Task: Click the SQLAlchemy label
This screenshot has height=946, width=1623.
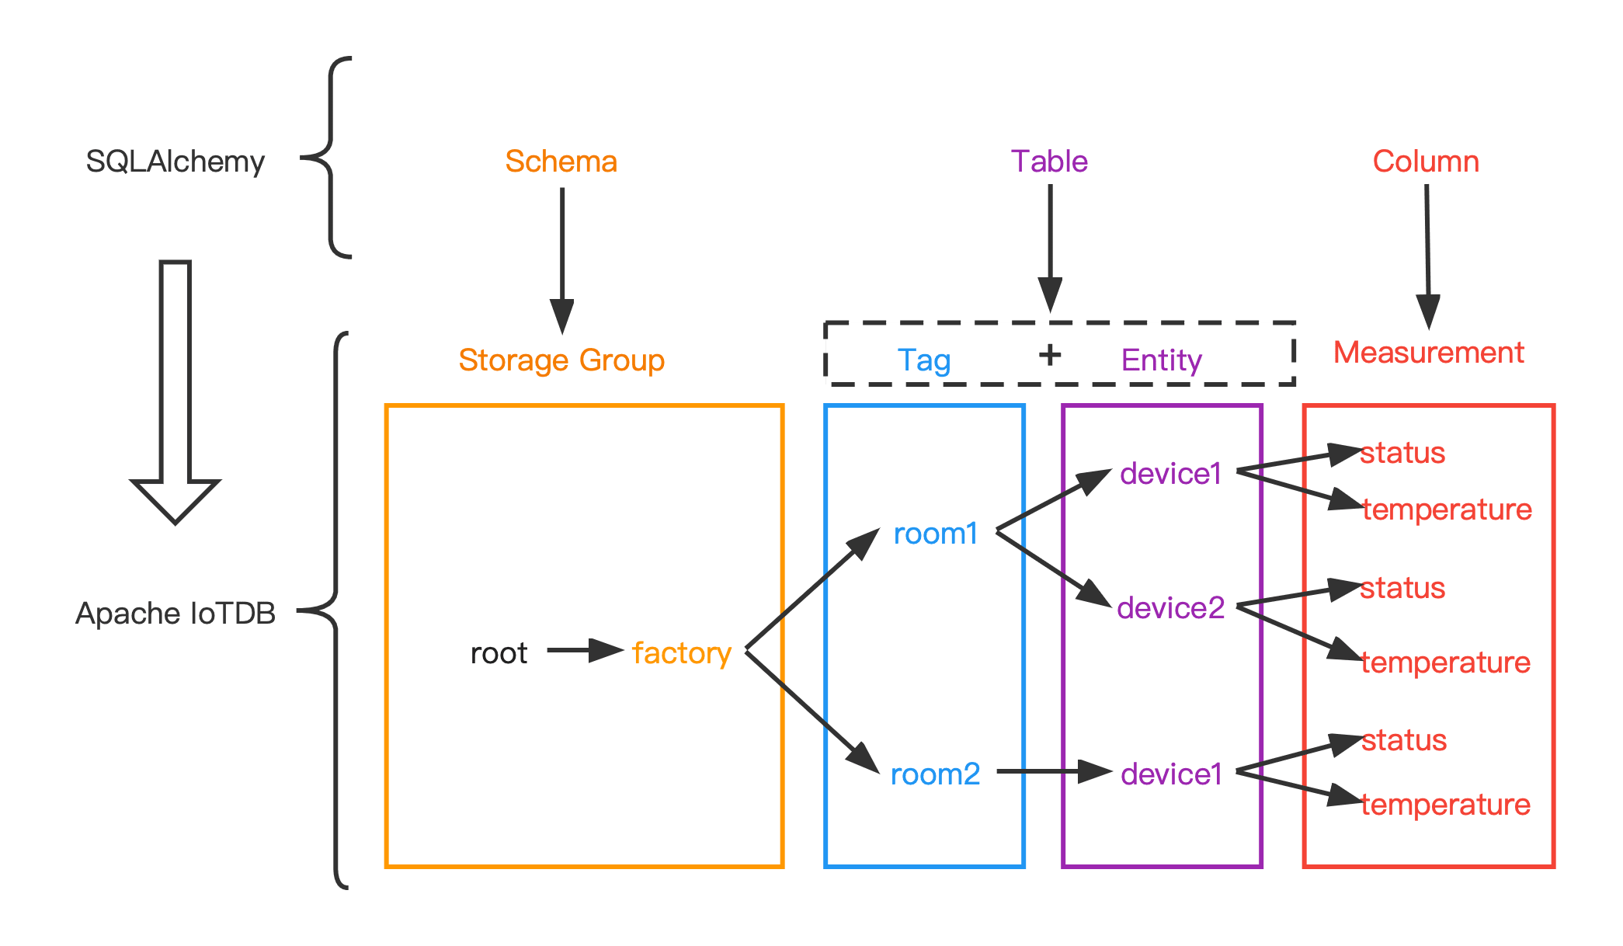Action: click(x=175, y=162)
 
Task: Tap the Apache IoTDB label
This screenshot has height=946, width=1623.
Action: click(x=175, y=614)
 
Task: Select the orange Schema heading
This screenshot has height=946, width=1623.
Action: click(x=561, y=162)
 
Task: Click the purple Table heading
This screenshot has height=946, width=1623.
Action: click(x=1049, y=162)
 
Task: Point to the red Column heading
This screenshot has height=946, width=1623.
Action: click(x=1426, y=162)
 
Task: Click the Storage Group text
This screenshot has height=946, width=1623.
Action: click(x=561, y=360)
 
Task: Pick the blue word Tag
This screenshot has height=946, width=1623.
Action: click(x=923, y=360)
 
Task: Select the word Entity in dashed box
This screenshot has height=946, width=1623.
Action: click(x=1161, y=360)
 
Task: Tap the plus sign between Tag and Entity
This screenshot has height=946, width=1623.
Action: click(x=1050, y=355)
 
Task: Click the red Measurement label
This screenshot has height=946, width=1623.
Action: click(x=1429, y=353)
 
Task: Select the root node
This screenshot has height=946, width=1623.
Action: click(x=499, y=653)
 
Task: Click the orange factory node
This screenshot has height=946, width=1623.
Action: click(x=682, y=653)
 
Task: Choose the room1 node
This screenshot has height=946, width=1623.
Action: click(x=935, y=534)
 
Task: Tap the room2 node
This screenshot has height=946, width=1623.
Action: click(x=935, y=774)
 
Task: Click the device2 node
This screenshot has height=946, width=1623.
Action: click(x=1170, y=608)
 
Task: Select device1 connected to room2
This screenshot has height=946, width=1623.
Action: click(x=1171, y=774)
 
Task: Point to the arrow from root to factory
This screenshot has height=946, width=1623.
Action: click(x=584, y=650)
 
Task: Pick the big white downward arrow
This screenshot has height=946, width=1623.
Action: click(x=176, y=388)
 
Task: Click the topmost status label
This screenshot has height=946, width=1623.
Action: click(x=1402, y=453)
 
